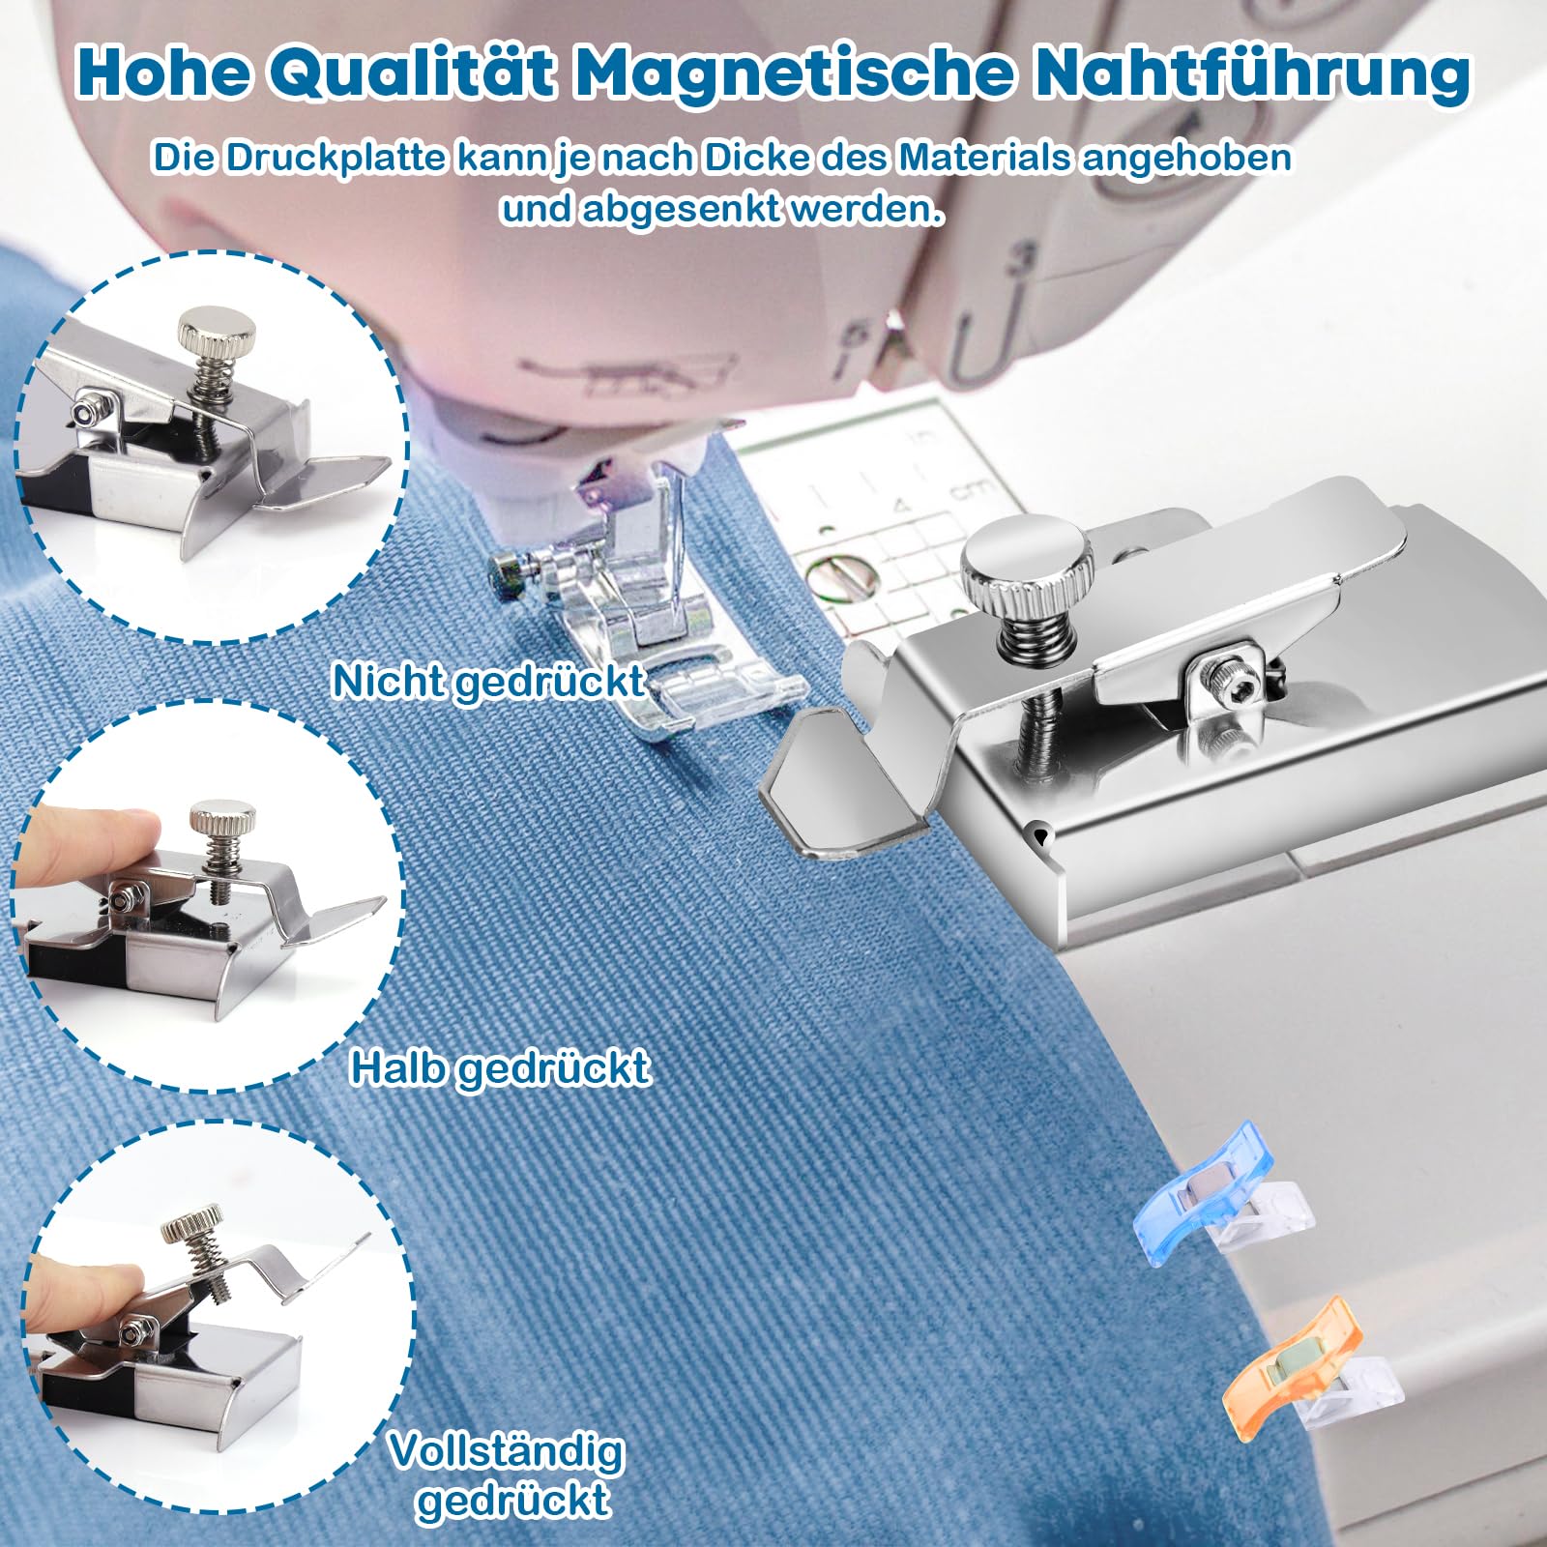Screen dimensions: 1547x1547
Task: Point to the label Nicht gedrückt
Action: pos(488,682)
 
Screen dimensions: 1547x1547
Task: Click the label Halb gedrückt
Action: pos(500,1068)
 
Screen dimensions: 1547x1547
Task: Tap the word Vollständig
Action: pos(507,1451)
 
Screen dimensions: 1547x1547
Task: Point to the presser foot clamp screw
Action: pos(508,571)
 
